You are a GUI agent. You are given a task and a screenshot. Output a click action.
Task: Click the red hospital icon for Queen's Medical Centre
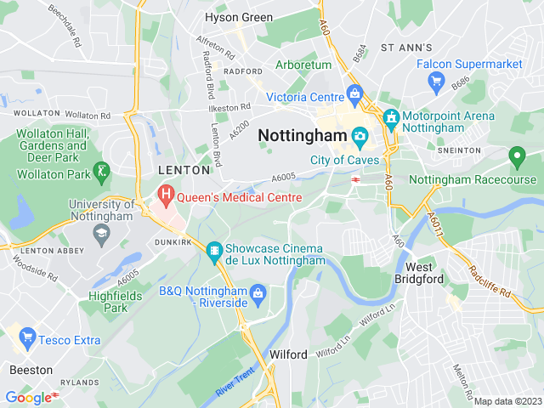[166, 196]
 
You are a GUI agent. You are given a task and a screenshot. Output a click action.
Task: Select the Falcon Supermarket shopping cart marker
[438, 82]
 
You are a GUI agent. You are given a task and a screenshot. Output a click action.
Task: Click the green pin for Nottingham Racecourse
[516, 157]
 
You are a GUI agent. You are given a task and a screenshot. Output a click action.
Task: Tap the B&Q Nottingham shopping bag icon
[258, 294]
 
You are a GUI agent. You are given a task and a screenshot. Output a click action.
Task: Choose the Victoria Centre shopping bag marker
[355, 95]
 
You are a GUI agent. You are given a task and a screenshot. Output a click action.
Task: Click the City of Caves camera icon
[360, 136]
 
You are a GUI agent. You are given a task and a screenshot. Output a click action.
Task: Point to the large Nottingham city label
[301, 135]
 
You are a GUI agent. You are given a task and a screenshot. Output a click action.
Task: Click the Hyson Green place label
[239, 17]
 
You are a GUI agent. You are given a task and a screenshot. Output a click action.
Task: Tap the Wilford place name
[287, 354]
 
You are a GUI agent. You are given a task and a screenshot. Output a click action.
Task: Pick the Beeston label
[31, 370]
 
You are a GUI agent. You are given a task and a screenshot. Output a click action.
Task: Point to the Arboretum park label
[303, 65]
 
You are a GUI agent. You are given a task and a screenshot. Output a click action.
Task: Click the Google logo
[28, 397]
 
